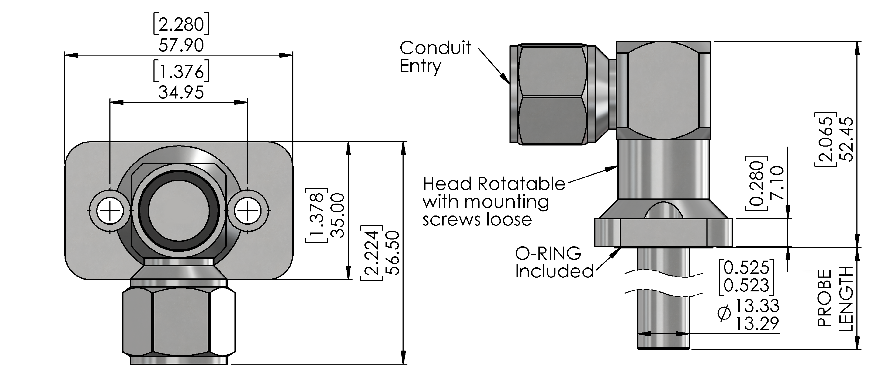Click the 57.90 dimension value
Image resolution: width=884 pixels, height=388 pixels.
click(x=181, y=45)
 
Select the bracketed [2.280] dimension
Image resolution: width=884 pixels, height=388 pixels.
click(x=181, y=24)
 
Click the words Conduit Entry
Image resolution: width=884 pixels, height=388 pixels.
click(x=435, y=57)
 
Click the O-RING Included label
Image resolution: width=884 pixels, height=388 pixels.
click(x=554, y=263)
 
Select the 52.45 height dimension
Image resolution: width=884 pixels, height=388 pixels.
click(x=845, y=139)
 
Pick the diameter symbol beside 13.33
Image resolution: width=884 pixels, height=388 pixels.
click(x=725, y=313)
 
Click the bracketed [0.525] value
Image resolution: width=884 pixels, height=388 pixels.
click(x=746, y=268)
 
